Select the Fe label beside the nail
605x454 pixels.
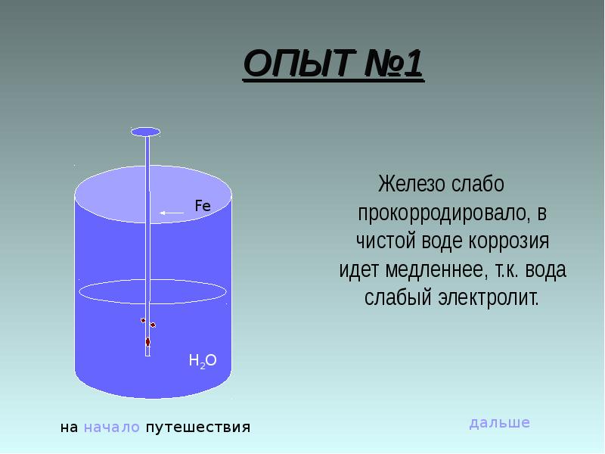pos(203,205)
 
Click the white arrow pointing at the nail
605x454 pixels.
pos(172,213)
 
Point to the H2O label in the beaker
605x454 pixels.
pos(203,361)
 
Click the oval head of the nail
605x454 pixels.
pos(146,132)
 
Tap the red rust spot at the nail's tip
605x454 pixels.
pos(147,342)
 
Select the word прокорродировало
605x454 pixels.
pos(443,213)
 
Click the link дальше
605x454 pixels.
pos(499,422)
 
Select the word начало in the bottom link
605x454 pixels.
pos(112,428)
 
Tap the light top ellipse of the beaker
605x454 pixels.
pos(153,193)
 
